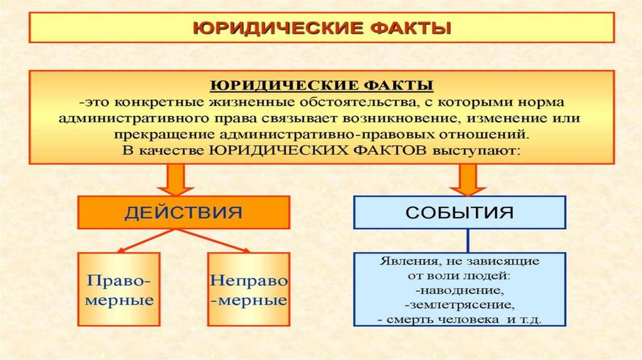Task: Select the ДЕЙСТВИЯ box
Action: coord(183,212)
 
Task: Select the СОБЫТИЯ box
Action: coord(460,212)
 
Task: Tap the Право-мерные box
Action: coord(119,289)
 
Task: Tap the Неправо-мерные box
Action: coord(248,289)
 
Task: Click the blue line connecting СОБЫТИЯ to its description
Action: coord(466,241)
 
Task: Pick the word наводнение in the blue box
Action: coord(460,291)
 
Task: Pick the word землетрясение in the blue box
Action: coord(460,305)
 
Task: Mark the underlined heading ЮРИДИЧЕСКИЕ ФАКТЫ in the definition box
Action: coord(320,85)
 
